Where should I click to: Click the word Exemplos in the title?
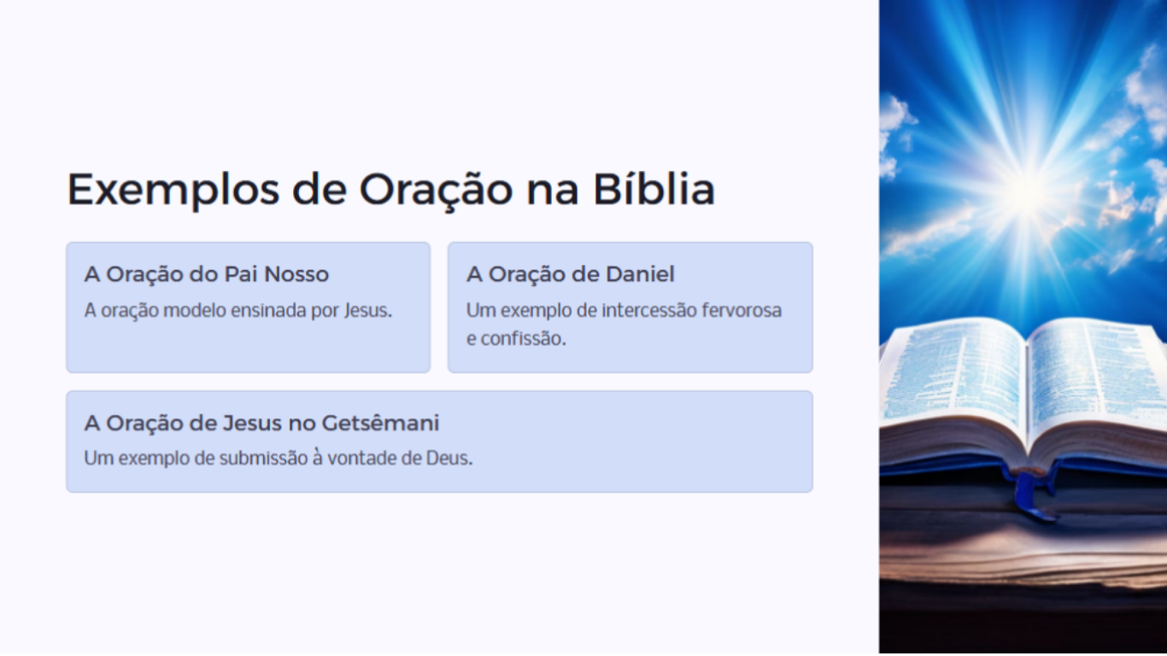point(173,190)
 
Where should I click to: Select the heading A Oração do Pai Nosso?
point(206,274)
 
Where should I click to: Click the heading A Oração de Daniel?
point(570,274)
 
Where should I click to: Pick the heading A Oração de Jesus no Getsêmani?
point(261,423)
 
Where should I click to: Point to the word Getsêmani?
point(380,423)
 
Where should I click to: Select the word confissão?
point(523,339)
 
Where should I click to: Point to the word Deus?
point(449,458)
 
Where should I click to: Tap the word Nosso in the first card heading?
point(296,274)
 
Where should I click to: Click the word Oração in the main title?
point(436,190)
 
